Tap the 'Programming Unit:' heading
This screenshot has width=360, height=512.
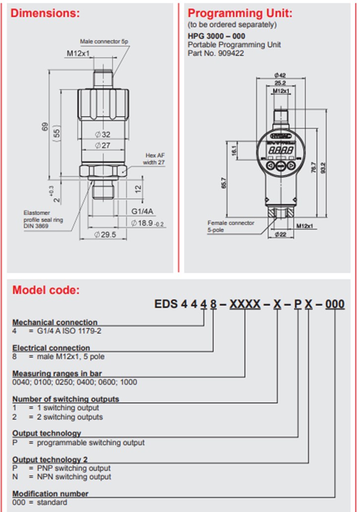[240, 13]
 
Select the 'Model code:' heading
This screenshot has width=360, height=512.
[46, 290]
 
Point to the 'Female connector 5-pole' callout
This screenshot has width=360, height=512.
[231, 226]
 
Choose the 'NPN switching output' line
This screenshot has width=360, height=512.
[61, 477]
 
